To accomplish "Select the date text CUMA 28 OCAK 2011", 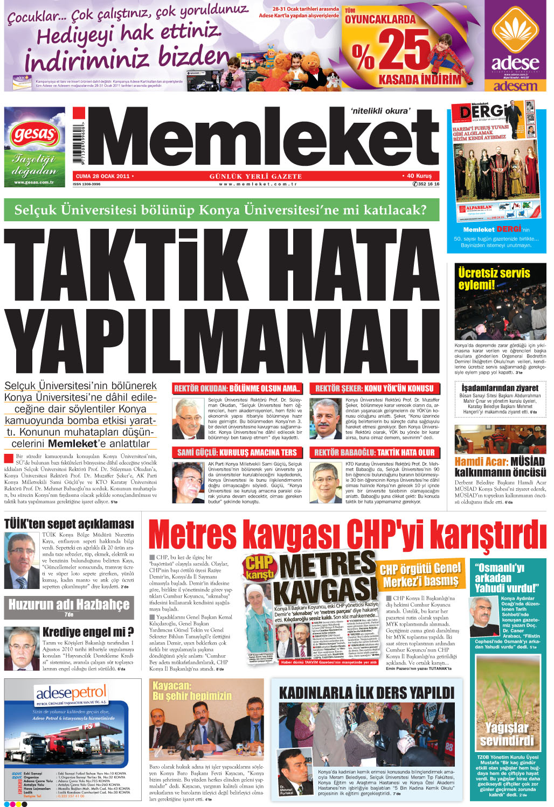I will (x=102, y=176).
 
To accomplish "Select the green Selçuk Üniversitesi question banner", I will (x=221, y=209).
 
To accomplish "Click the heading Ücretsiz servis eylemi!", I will (x=494, y=278).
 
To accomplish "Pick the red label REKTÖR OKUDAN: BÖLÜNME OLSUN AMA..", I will (x=237, y=388).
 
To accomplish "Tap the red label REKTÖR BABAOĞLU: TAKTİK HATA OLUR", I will (x=375, y=453).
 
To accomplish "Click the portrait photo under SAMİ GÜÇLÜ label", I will (x=188, y=482).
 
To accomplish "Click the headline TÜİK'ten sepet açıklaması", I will (x=69, y=524).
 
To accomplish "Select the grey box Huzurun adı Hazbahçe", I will (x=69, y=605).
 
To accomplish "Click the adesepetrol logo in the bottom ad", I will (x=71, y=693).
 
